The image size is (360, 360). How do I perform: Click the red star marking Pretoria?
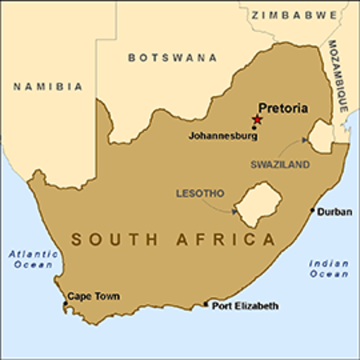(258, 119)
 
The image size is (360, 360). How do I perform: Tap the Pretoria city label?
(283, 108)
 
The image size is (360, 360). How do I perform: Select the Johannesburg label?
(223, 136)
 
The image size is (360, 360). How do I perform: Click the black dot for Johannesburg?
(254, 128)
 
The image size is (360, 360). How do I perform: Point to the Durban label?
(334, 212)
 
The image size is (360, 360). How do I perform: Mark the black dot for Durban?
(313, 211)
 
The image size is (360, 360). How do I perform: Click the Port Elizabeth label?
(245, 306)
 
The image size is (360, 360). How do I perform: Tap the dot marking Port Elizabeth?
(206, 304)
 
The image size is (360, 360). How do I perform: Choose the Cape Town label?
(93, 296)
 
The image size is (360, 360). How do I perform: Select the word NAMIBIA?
(48, 87)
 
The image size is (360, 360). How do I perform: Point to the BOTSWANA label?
(172, 58)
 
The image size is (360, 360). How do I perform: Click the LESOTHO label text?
(199, 193)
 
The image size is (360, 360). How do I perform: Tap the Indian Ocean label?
(328, 268)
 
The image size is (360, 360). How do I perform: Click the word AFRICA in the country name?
(233, 241)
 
